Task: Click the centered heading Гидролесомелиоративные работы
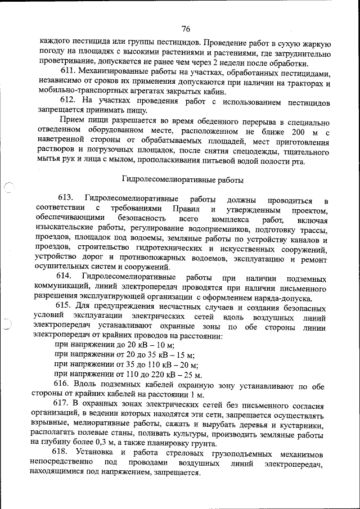click(183, 180)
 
